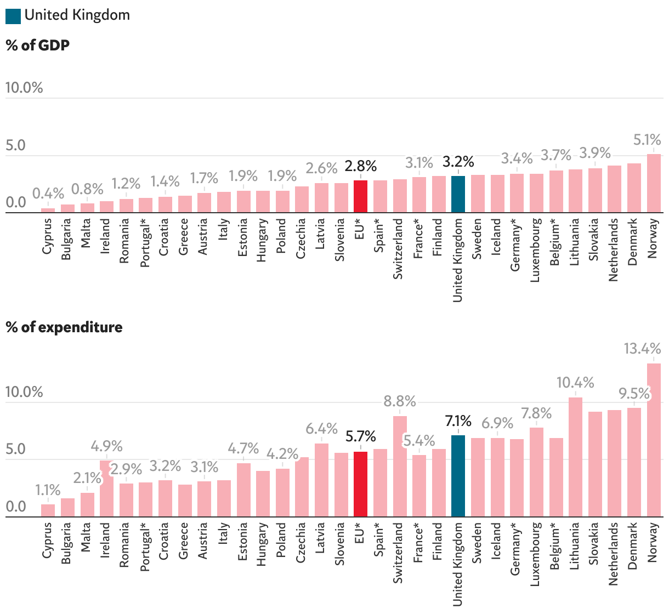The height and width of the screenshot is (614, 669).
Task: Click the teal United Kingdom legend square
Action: [x=13, y=16]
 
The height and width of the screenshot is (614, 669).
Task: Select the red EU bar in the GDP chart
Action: [x=360, y=196]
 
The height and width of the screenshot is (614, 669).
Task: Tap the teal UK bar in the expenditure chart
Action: [x=458, y=476]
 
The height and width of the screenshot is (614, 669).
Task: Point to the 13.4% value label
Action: [x=643, y=349]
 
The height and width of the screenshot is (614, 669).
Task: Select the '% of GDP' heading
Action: [x=38, y=45]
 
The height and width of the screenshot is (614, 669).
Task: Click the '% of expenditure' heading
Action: [x=64, y=327]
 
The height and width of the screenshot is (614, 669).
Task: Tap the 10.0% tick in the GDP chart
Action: [x=24, y=88]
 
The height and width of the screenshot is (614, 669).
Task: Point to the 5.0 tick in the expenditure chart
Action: [x=16, y=449]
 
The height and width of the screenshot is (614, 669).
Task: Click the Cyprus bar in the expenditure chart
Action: [x=48, y=510]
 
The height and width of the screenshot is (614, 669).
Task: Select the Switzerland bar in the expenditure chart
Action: [x=400, y=466]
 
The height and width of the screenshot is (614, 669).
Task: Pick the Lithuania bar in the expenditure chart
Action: [x=575, y=457]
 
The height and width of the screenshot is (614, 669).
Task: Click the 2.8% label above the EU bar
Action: [x=361, y=166]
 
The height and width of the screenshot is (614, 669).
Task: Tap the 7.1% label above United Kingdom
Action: [x=458, y=421]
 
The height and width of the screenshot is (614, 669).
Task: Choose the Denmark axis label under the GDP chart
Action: [x=633, y=242]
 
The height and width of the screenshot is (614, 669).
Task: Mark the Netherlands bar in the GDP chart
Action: [x=614, y=189]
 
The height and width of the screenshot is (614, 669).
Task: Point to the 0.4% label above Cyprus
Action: [x=48, y=194]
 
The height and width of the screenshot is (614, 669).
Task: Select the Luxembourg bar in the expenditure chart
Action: [x=536, y=472]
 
